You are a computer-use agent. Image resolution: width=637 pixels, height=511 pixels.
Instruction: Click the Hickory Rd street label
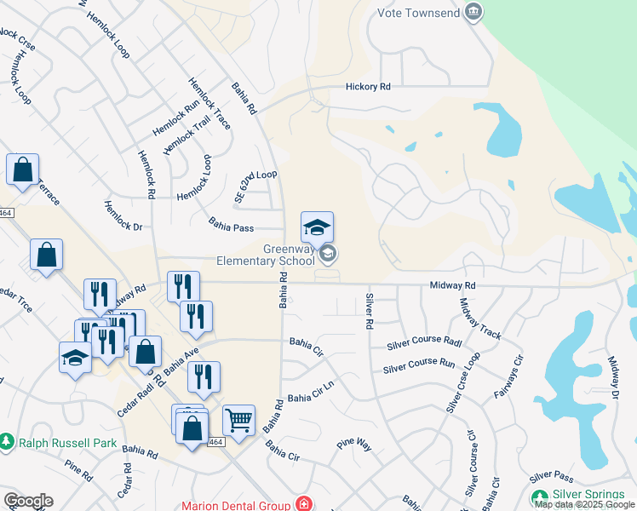coord(368,87)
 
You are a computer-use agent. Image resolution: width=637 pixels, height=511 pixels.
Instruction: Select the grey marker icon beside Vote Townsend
coord(474,12)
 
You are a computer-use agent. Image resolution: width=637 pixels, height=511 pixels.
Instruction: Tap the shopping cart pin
coord(238,419)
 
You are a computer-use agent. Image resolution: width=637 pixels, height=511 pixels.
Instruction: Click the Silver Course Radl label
coord(426,342)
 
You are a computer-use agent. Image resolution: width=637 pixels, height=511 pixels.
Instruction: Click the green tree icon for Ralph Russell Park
coord(8,442)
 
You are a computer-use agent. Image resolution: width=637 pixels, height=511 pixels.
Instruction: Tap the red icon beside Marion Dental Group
coord(304,505)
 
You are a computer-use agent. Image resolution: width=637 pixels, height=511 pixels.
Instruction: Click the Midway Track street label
coord(479,319)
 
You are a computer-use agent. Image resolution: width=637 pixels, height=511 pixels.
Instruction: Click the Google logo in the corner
coord(28,501)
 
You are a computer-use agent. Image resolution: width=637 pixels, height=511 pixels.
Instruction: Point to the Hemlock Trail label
coord(186,135)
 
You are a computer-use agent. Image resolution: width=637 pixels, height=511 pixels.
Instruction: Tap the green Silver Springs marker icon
coord(539,497)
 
